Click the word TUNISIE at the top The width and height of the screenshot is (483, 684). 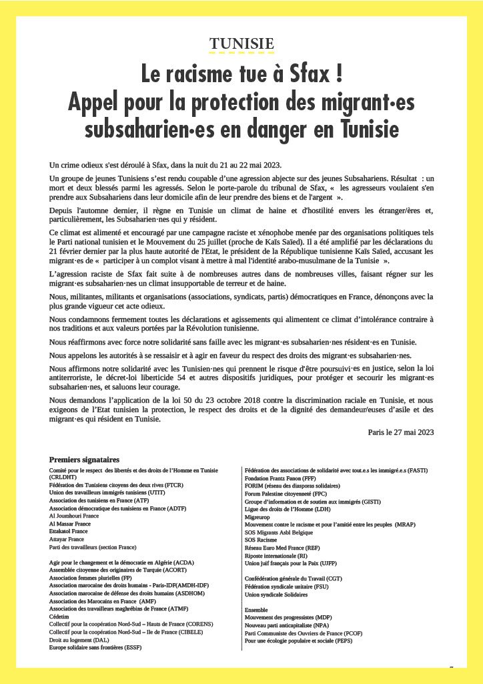241,44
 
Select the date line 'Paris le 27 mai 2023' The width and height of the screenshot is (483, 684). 401,432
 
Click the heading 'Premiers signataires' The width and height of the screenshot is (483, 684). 84,460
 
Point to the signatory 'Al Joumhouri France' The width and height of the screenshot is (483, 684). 74,516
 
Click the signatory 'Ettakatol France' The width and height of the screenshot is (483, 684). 69,531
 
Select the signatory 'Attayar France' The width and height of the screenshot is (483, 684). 67,539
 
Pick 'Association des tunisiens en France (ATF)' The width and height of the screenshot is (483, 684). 99,500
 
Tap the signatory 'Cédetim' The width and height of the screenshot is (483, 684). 61,616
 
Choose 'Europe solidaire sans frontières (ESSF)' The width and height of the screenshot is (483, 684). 95,647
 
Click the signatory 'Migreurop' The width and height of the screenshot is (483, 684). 259,516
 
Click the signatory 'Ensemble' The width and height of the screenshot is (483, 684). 256,610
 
